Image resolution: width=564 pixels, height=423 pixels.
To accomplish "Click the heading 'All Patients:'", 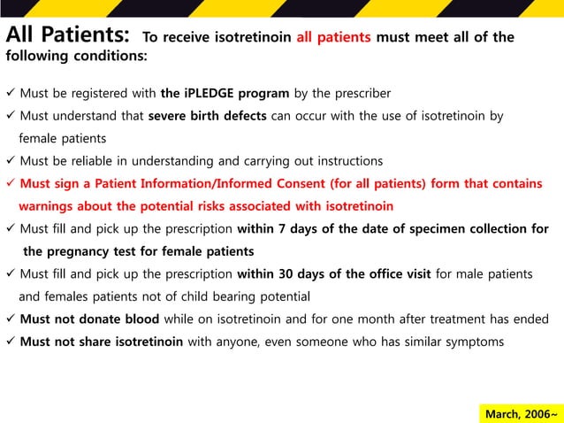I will click(66, 37).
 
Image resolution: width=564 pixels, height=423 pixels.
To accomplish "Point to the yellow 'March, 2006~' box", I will click(520, 413).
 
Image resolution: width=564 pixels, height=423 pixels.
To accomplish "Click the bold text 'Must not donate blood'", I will click(89, 319).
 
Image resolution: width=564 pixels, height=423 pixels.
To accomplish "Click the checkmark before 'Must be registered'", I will click(10, 94).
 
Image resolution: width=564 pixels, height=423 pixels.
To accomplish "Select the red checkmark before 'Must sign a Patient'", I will click(10, 184).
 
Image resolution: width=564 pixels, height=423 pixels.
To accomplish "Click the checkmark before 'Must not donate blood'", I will click(10, 319).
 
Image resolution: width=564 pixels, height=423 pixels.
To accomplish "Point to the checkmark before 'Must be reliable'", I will click(10, 161).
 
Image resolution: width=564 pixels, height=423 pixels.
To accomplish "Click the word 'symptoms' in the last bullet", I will click(476, 342).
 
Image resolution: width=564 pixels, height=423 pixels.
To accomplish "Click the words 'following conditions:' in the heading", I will click(77, 57).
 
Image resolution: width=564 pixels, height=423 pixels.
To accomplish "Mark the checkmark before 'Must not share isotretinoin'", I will click(10, 342).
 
